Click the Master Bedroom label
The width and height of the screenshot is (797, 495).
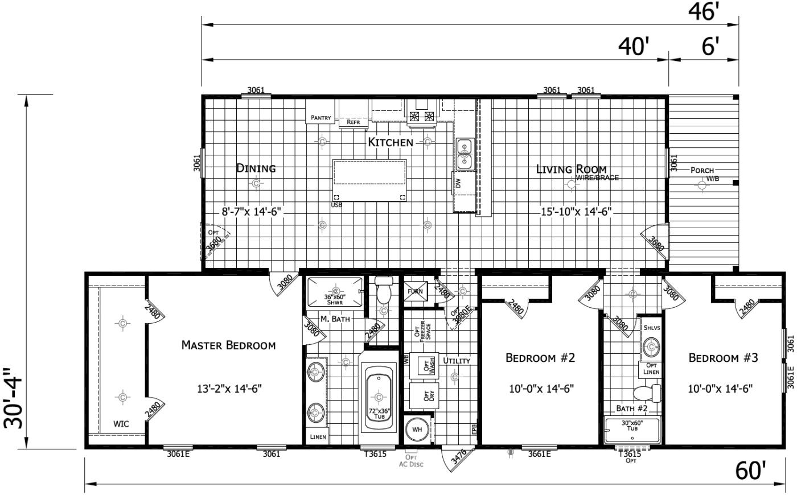pyautogui.click(x=228, y=345)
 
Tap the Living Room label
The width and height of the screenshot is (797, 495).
pyautogui.click(x=571, y=169)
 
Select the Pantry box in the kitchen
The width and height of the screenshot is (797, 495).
pyautogui.click(x=321, y=118)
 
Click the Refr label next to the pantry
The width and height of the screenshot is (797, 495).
pyautogui.click(x=353, y=122)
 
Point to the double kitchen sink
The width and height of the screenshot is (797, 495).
pyautogui.click(x=465, y=154)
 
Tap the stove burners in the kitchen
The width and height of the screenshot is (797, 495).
pyautogui.click(x=422, y=117)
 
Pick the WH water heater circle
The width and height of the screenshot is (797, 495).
pyautogui.click(x=417, y=429)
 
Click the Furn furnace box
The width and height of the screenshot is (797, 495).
pyautogui.click(x=414, y=291)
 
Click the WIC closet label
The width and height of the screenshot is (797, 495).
pyautogui.click(x=121, y=423)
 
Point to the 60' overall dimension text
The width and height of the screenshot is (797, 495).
pyautogui.click(x=750, y=471)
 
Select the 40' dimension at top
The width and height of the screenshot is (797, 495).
pyautogui.click(x=634, y=47)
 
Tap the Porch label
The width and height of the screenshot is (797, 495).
pyautogui.click(x=701, y=170)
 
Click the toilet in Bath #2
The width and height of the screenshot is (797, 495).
pyautogui.click(x=648, y=393)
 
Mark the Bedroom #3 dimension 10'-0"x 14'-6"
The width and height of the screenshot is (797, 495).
pyautogui.click(x=720, y=389)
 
